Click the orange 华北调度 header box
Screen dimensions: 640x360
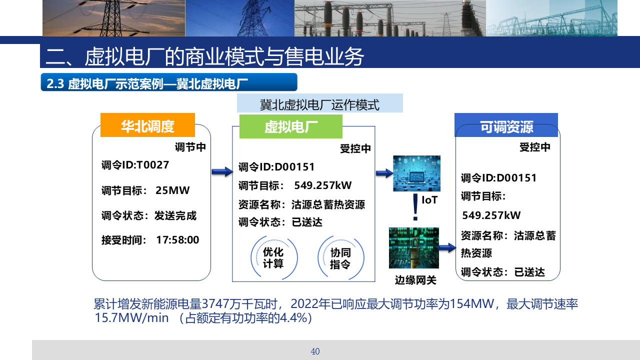click(x=147, y=125)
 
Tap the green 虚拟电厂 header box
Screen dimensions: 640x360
click(x=291, y=126)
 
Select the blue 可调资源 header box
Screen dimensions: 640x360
click(x=506, y=125)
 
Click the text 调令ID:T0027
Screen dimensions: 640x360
click(x=135, y=165)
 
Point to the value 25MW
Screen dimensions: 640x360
click(x=172, y=190)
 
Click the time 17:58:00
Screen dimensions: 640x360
click(x=177, y=240)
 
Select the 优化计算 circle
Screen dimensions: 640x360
click(x=274, y=257)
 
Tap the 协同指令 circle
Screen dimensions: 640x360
click(x=341, y=257)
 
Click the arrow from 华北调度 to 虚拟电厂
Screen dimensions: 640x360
click(x=222, y=171)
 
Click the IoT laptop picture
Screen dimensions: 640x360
click(x=416, y=173)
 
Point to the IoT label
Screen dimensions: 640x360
click(x=429, y=200)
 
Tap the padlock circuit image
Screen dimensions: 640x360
click(x=413, y=247)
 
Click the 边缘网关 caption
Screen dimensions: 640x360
click(x=415, y=280)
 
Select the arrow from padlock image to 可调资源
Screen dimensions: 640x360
click(x=447, y=247)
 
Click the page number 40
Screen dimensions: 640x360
click(x=315, y=351)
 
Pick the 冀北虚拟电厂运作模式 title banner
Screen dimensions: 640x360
click(x=319, y=103)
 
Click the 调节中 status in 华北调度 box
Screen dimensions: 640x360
click(x=190, y=147)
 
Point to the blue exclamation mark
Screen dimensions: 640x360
click(x=415, y=207)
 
